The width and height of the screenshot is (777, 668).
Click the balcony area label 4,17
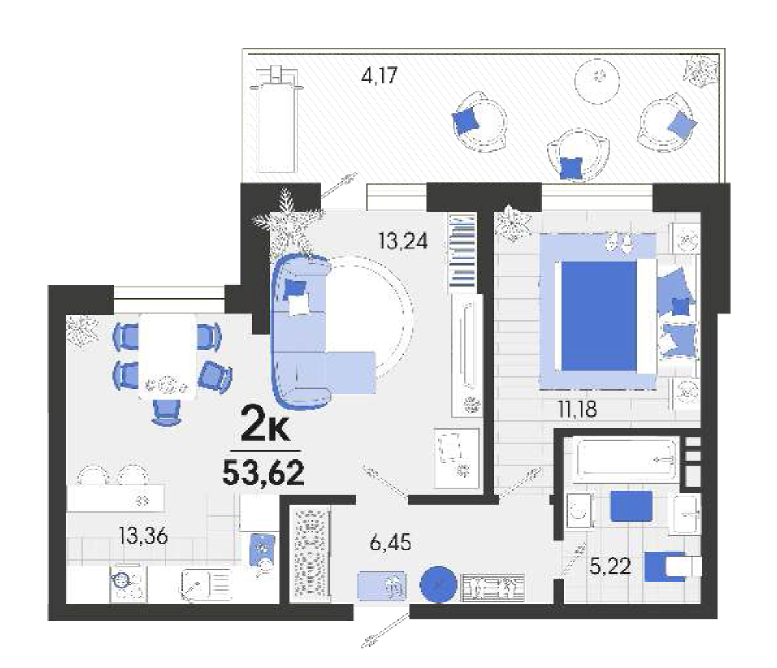[x=379, y=76]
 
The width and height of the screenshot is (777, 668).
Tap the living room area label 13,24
[x=403, y=241]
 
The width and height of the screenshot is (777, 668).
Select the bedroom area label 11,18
[x=577, y=409]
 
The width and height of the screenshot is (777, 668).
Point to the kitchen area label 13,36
[x=143, y=536]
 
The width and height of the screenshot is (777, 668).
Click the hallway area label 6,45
[x=391, y=543]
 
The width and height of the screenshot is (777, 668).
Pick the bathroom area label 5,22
[x=610, y=565]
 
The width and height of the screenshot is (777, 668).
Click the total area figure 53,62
[x=263, y=472]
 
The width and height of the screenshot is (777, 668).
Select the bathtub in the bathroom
[x=626, y=459]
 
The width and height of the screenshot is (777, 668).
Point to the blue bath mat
[x=631, y=506]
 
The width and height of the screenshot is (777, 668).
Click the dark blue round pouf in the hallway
[x=438, y=584]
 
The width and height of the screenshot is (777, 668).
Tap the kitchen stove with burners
[x=128, y=584]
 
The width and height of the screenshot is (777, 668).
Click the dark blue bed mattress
[x=599, y=316]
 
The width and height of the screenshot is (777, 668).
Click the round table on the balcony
[x=598, y=81]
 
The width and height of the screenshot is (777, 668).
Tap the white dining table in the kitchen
[x=168, y=355]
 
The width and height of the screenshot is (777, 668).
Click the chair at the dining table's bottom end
[x=166, y=412]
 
